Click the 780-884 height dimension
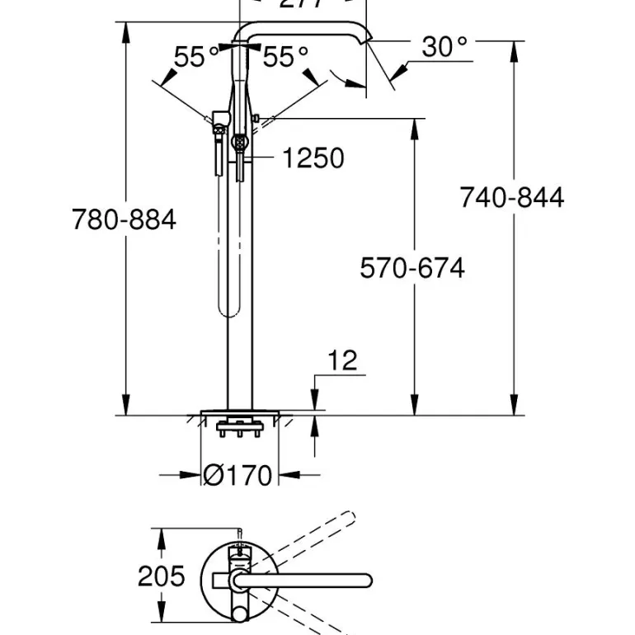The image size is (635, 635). (124, 220)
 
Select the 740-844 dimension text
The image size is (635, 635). (512, 198)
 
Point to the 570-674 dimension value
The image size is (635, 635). (412, 268)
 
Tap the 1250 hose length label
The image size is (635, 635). (313, 157)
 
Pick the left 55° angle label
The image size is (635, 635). (196, 57)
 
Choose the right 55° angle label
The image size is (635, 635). (285, 57)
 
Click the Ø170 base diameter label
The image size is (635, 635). (238, 475)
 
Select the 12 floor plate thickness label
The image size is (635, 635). (341, 360)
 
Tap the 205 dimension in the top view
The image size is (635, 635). (161, 576)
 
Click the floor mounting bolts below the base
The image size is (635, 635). (240, 430)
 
